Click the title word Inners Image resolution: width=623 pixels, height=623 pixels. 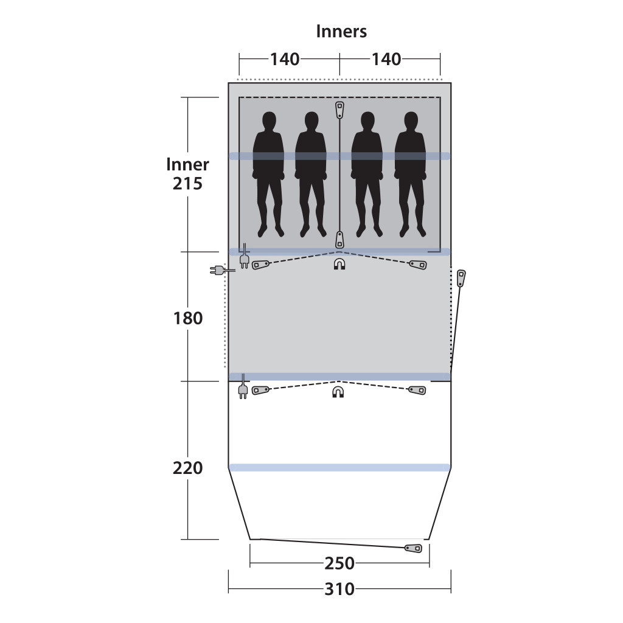click(341, 32)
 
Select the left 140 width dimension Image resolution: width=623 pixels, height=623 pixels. click(285, 59)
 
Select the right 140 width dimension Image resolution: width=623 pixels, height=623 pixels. click(386, 59)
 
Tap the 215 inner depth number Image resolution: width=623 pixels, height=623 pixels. click(187, 184)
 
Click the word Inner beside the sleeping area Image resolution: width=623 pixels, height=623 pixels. click(187, 164)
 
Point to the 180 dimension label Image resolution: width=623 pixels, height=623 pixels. click(187, 318)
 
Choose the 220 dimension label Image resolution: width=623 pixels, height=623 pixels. click(187, 468)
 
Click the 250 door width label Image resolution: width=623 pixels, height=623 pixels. click(339, 563)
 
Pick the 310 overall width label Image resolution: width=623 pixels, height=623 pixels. click(339, 589)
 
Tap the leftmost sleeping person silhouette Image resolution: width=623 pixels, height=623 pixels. click(268, 174)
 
